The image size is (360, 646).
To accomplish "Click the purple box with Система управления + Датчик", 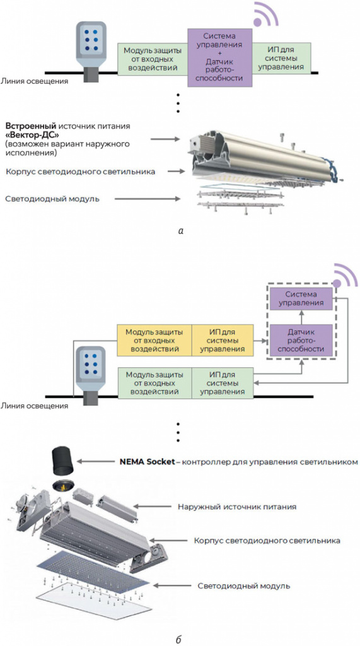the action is (219, 57).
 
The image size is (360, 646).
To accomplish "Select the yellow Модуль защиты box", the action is (154, 340).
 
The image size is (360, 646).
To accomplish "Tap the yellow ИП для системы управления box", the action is (223, 340).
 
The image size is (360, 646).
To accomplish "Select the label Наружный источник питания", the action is (237, 506).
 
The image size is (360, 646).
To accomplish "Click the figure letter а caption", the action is (180, 232).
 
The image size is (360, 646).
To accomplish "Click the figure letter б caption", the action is (179, 640).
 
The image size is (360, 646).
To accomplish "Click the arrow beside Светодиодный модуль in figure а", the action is (148, 199).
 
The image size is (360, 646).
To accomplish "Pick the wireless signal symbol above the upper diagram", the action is (265, 15).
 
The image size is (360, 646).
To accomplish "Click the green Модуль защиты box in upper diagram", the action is (153, 59).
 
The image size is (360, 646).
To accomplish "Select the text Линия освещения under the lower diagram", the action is (34, 406).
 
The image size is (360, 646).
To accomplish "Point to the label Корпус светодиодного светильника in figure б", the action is (267, 540).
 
